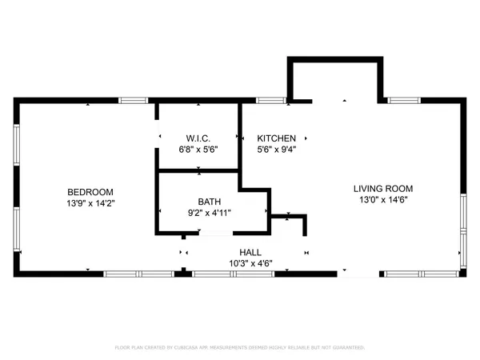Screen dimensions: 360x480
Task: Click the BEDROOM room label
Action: click(x=90, y=192)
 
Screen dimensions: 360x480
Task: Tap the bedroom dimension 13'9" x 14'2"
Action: click(x=90, y=203)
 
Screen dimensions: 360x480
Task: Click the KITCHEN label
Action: click(x=277, y=138)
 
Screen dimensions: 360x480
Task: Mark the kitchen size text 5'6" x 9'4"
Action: click(x=277, y=150)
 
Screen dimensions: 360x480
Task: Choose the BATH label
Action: click(x=210, y=202)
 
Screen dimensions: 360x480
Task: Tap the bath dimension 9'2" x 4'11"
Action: click(x=210, y=212)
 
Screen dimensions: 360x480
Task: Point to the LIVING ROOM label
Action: click(x=383, y=189)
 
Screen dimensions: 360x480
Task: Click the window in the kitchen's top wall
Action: click(x=272, y=100)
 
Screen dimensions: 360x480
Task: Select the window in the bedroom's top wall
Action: click(x=134, y=100)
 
